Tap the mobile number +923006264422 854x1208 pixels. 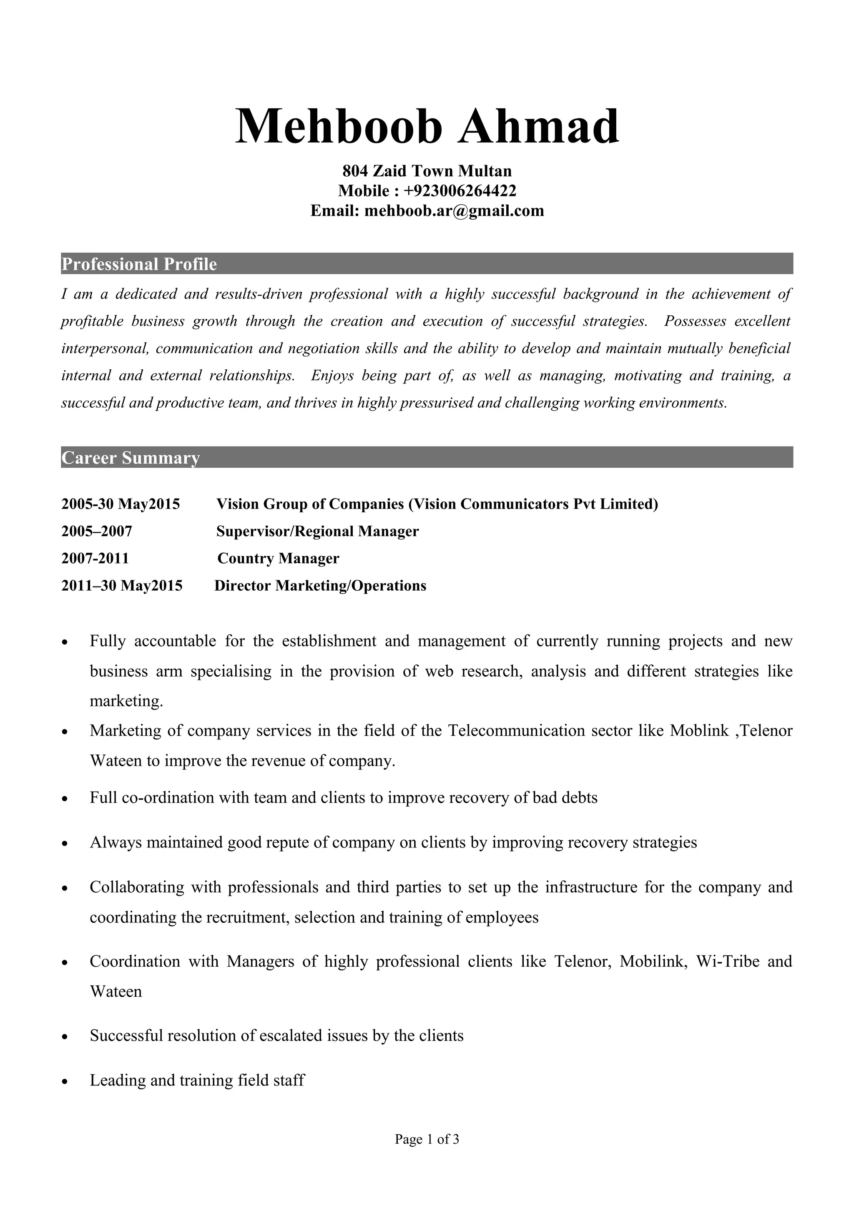click(460, 190)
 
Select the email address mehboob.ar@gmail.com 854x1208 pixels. click(454, 211)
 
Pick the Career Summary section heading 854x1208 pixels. click(131, 458)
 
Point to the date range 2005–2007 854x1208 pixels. click(97, 531)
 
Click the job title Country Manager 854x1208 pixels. click(279, 558)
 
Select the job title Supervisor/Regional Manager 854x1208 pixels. click(317, 531)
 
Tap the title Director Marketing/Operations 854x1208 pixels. click(320, 586)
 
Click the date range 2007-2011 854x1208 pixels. click(95, 558)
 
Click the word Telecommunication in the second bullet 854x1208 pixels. click(516, 731)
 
